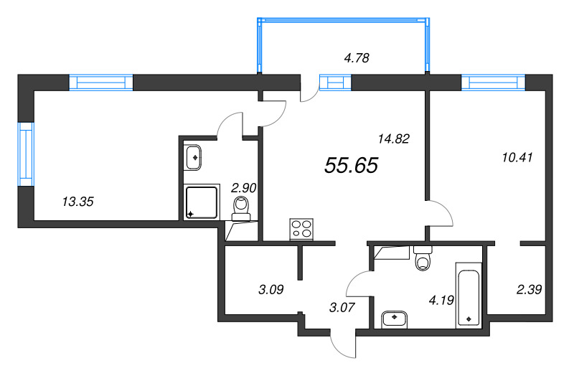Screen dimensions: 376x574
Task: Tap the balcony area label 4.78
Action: [x=357, y=59]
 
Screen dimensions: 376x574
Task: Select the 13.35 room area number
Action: [x=78, y=202]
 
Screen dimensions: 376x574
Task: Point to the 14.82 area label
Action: [x=392, y=139]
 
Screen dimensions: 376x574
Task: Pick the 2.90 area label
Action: [x=244, y=188]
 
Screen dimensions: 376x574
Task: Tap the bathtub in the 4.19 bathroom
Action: [x=469, y=295]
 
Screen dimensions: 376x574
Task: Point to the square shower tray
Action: [x=203, y=202]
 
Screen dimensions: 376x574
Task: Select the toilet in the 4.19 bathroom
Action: [x=423, y=259]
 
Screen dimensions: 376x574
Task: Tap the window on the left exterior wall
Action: [x=26, y=152]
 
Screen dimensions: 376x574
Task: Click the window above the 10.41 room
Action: [x=494, y=83]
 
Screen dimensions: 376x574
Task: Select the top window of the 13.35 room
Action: [x=101, y=83]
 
